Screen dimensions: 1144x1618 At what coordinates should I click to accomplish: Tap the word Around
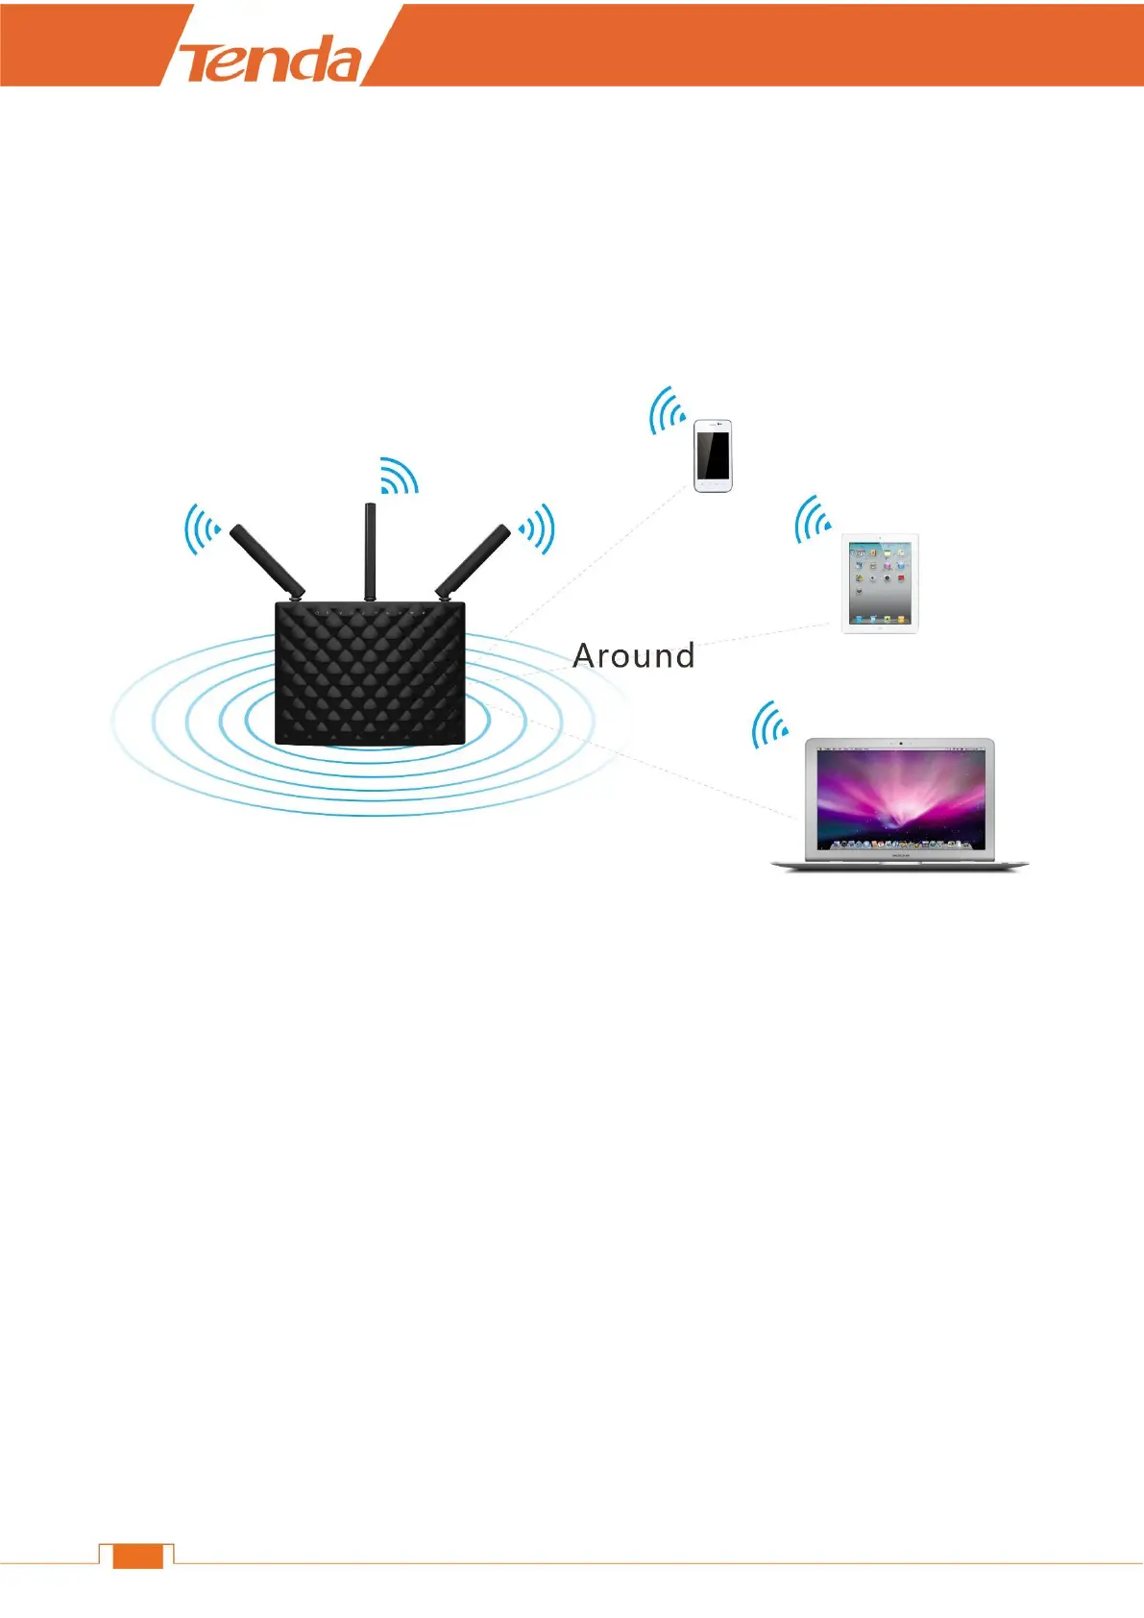(633, 655)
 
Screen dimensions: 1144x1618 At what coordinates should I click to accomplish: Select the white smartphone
(713, 455)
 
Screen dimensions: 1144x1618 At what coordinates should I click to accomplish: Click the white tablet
(880, 583)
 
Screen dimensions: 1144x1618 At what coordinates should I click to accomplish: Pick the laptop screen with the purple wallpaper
(900, 797)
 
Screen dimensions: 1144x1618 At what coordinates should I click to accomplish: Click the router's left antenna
(266, 559)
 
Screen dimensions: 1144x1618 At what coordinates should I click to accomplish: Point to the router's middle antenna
(370, 551)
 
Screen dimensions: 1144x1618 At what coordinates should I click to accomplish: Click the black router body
(370, 673)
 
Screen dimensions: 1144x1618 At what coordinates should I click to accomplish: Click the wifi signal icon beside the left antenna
(202, 528)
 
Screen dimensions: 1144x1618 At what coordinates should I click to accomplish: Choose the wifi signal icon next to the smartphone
(667, 411)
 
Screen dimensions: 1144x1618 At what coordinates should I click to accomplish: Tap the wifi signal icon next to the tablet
(813, 520)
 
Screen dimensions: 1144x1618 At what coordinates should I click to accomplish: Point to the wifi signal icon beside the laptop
(769, 725)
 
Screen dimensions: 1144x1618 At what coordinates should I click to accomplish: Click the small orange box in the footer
(137, 1557)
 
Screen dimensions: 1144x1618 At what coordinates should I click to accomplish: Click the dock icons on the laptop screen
(899, 844)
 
